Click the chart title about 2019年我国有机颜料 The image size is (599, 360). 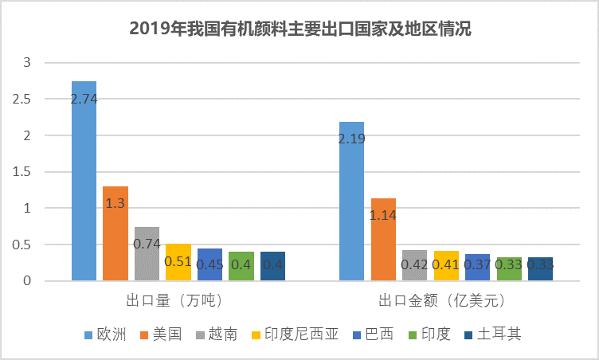coord(300,30)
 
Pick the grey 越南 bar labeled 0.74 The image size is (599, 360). coord(147,254)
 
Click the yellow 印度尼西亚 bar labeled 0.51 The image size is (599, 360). coord(178,263)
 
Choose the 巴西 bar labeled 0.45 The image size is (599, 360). coord(209,264)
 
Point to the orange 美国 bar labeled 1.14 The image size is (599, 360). coord(383,239)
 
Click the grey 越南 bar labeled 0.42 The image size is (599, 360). coord(414,266)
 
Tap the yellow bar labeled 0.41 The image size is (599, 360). coord(446,266)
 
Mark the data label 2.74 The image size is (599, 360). coord(84,99)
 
